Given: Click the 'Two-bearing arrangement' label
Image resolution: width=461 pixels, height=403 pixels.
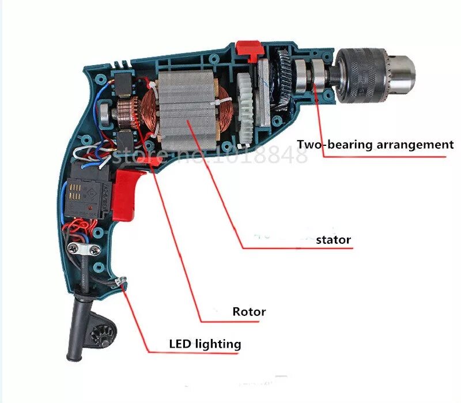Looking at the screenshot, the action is (x=375, y=144).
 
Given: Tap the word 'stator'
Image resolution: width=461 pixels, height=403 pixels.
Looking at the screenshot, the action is (x=333, y=239).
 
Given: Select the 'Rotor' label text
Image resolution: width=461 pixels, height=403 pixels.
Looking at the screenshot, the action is (x=249, y=312).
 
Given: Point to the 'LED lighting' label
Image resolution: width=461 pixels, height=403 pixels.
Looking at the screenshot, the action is (x=205, y=344).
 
